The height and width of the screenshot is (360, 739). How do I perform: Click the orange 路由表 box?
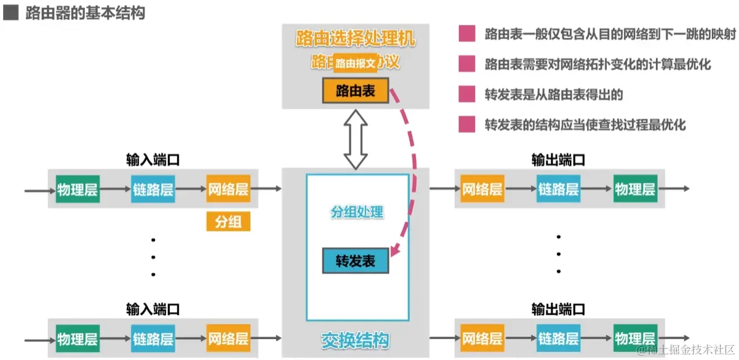coord(356,91)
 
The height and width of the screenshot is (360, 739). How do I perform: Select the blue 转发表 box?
coord(356,261)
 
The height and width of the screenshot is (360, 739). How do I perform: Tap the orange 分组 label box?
coord(228,222)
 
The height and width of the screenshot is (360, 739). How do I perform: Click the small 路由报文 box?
coord(356,63)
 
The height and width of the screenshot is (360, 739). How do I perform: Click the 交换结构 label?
coord(356,339)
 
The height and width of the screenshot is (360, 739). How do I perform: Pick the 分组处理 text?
coord(357,213)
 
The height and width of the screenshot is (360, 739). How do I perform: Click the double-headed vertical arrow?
coord(356,139)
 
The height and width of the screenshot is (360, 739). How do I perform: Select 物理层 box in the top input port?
coord(77,190)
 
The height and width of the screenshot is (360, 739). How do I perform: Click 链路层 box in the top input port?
coord(153,190)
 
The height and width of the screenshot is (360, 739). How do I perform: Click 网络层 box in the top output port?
coord(482,190)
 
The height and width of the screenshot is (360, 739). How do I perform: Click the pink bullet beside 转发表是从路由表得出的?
coord(467,94)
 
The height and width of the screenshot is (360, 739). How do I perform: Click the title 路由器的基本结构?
coord(86,13)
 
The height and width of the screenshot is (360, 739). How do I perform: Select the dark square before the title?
coord(10,13)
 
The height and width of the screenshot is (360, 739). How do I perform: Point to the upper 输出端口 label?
coord(558,161)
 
